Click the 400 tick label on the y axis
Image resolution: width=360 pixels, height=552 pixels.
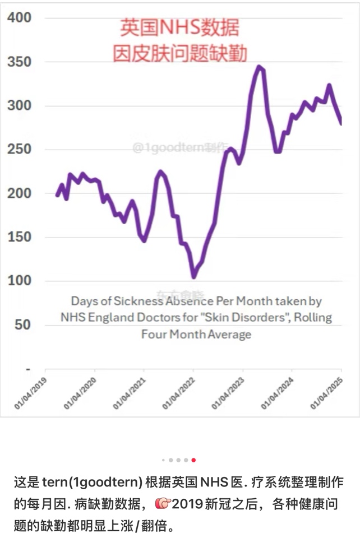[19, 18]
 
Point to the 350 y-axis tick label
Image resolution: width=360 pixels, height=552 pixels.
[19, 62]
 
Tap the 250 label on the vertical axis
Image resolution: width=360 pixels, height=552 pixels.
[19, 150]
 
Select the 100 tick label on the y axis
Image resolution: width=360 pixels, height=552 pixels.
[19, 281]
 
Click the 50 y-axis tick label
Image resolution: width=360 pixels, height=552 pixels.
[23, 325]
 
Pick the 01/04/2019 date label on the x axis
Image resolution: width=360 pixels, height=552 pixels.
[31, 393]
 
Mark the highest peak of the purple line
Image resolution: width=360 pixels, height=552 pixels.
[259, 67]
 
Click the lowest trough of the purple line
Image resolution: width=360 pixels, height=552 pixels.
[193, 277]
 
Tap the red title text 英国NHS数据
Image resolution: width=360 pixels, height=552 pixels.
[180, 27]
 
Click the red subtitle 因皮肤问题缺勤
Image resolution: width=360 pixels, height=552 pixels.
[180, 54]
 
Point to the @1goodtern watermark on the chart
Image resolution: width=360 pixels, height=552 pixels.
[181, 147]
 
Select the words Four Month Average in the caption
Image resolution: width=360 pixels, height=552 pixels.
[196, 335]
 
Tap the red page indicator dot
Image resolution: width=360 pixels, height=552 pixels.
[193, 460]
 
